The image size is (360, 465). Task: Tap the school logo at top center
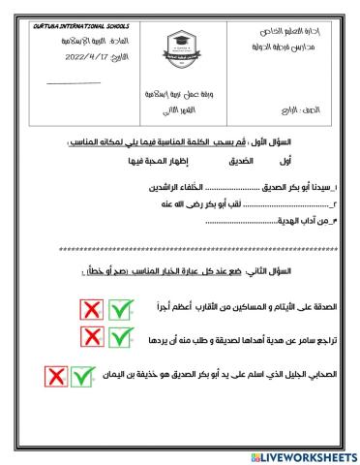coord(179,50)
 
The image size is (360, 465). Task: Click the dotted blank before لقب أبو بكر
coord(207,205)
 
